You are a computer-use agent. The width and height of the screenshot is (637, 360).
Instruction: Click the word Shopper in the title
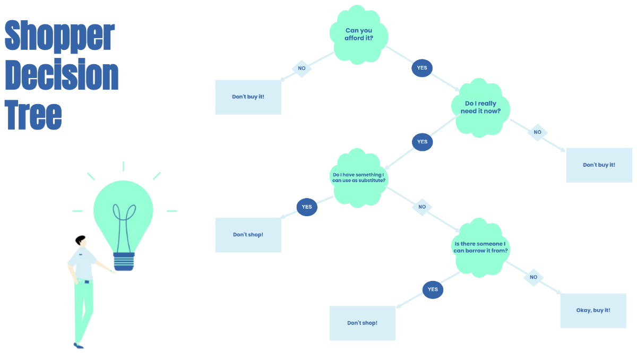[x=59, y=36]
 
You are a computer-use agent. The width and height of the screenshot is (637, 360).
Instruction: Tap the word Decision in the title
[x=62, y=75]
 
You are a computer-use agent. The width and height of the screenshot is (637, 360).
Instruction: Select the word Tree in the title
[x=33, y=115]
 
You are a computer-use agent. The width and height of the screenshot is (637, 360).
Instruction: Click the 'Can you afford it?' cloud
[x=359, y=35]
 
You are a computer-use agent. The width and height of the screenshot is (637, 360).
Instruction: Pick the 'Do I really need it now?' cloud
[x=480, y=108]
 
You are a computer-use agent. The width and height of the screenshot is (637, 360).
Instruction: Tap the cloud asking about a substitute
[x=358, y=178]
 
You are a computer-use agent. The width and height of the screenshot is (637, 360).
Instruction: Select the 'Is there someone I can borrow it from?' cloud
[x=480, y=247]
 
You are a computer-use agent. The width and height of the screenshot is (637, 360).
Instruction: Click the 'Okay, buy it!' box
[x=593, y=310]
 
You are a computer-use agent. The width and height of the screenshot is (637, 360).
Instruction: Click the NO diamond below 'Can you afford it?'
[x=302, y=68]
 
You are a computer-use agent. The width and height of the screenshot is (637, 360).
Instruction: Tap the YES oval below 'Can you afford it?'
[x=422, y=68]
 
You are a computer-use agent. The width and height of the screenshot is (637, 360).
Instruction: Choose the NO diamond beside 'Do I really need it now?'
[x=537, y=132]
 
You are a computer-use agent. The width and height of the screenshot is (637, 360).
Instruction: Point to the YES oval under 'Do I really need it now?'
[x=422, y=142]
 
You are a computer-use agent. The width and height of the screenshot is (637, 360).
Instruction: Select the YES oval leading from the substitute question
[x=307, y=207]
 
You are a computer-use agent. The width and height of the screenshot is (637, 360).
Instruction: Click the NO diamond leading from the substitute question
[x=422, y=207]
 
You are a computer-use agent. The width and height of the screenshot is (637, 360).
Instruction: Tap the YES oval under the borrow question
[x=433, y=289]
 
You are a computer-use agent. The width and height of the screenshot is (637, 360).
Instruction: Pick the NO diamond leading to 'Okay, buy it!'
[x=533, y=277]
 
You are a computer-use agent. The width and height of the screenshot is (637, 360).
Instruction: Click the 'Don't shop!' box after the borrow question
[x=362, y=323]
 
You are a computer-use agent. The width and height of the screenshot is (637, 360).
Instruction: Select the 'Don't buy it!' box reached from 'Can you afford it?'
[x=248, y=97]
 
